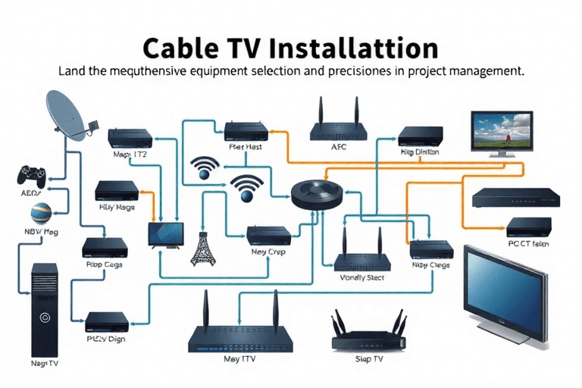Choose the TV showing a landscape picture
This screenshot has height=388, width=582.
[x=500, y=133]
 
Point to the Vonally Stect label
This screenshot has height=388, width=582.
[x=363, y=278]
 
